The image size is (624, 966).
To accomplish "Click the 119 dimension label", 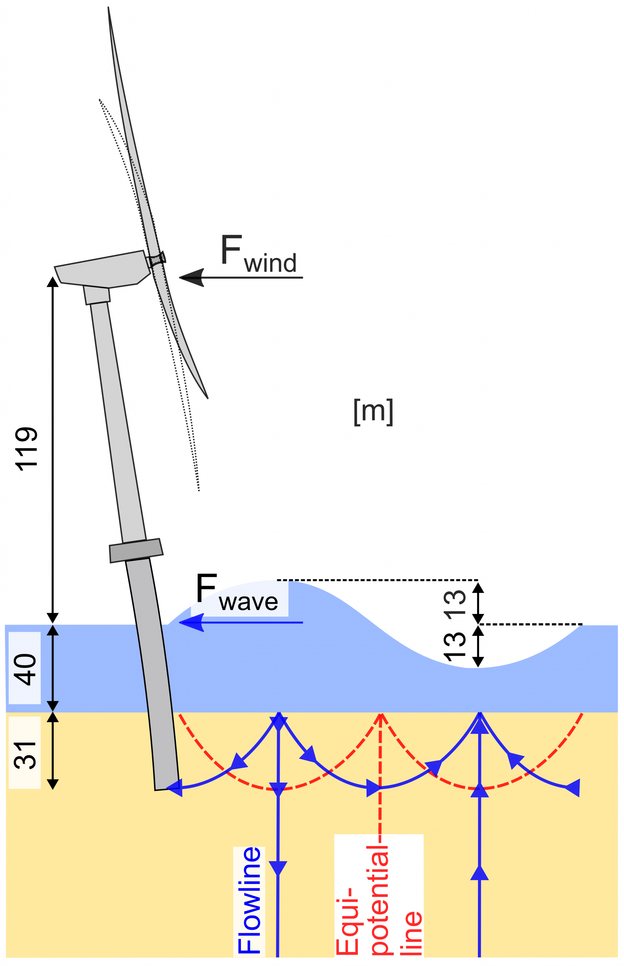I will tap(26, 449).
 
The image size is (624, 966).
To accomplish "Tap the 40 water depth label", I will tap(25, 669).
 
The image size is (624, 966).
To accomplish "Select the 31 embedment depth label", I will tap(25, 755).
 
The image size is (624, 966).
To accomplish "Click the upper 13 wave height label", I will tap(455, 605).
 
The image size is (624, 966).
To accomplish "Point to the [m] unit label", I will tap(373, 412).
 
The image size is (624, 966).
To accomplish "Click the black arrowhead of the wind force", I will tap(192, 277).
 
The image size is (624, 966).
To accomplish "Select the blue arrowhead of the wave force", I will tap(192, 623).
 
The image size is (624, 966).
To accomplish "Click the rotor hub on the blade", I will tap(156, 260).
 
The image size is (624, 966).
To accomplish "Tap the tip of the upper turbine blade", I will tap(109, 8).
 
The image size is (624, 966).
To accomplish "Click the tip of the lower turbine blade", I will tap(208, 398).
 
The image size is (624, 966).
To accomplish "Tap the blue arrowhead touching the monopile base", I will tap(175, 788).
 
